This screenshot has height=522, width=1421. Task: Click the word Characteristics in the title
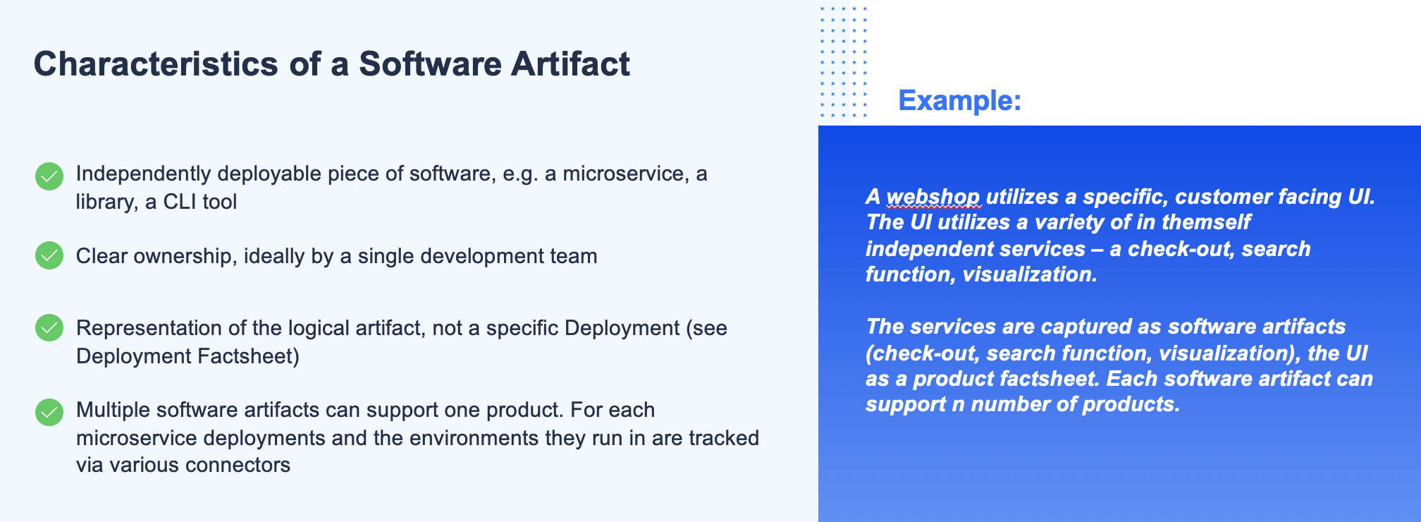(x=156, y=63)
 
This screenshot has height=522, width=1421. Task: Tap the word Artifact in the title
(x=570, y=63)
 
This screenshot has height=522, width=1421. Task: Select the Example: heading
(x=960, y=100)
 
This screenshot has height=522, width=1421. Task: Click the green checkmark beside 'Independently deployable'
(x=49, y=176)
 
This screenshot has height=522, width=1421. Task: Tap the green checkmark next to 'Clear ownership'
(x=49, y=255)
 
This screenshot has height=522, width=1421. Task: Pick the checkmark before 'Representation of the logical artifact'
(x=49, y=328)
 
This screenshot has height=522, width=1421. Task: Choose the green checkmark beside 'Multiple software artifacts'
(x=49, y=413)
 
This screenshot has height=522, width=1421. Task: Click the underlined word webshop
(x=933, y=197)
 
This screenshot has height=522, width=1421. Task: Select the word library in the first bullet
(x=104, y=202)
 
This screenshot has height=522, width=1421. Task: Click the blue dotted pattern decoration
(x=844, y=61)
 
